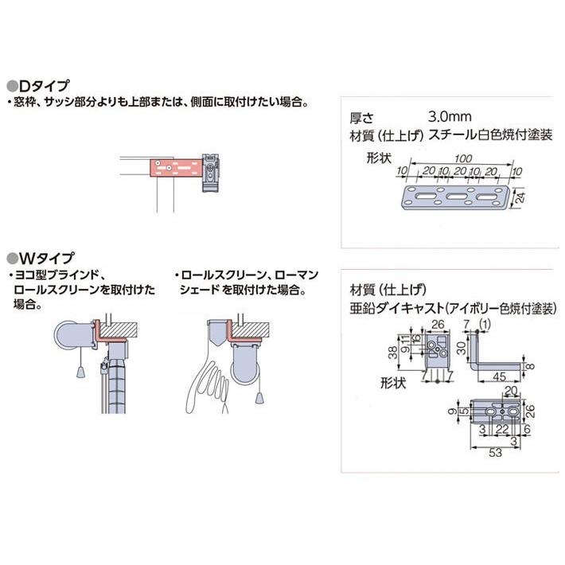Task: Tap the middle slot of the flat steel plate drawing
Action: pos(461,196)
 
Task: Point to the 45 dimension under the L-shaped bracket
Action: pos(498,376)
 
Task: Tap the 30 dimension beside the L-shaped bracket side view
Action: pos(462,348)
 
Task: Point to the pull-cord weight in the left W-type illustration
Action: pos(81,372)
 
